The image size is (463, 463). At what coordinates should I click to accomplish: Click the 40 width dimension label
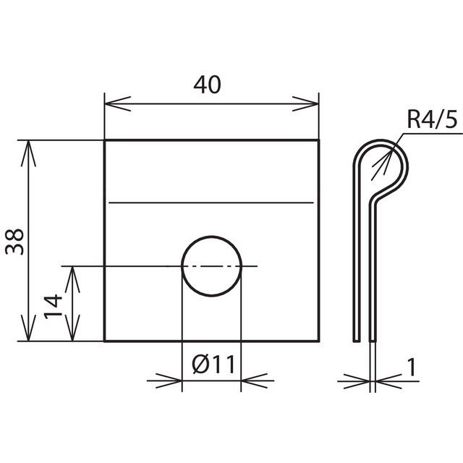[x=207, y=85]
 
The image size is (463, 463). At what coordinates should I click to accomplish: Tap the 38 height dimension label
[x=14, y=242]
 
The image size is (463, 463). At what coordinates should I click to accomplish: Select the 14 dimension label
[x=53, y=307]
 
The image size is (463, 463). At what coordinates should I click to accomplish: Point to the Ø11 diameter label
[x=213, y=364]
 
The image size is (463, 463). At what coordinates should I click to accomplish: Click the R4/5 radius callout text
[x=432, y=119]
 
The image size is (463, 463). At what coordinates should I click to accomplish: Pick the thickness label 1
[x=412, y=367]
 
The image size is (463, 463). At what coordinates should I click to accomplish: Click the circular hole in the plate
[x=212, y=266]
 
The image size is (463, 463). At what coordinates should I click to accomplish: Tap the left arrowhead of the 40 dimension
[x=118, y=104]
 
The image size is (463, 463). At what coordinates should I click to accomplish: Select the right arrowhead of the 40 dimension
[x=305, y=104]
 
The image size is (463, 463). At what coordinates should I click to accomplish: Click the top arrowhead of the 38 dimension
[x=28, y=153]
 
